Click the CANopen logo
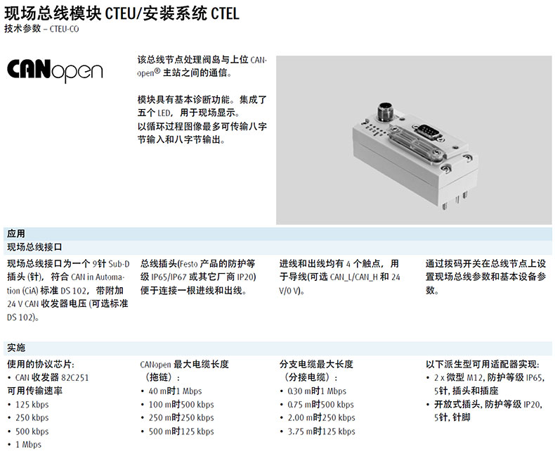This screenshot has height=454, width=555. click(x=55, y=71)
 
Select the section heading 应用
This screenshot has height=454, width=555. click(x=16, y=234)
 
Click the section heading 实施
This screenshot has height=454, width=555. click(x=16, y=348)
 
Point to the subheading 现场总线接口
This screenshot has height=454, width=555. click(x=34, y=247)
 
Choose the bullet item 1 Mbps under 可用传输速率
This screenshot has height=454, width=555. click(x=28, y=444)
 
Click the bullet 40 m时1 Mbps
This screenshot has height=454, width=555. click(x=175, y=391)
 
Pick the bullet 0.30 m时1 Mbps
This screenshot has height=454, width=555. click(x=318, y=391)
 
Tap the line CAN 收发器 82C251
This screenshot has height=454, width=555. click(x=52, y=377)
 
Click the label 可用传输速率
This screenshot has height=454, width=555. click(x=34, y=391)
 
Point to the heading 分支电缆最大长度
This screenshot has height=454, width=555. click(x=316, y=365)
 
